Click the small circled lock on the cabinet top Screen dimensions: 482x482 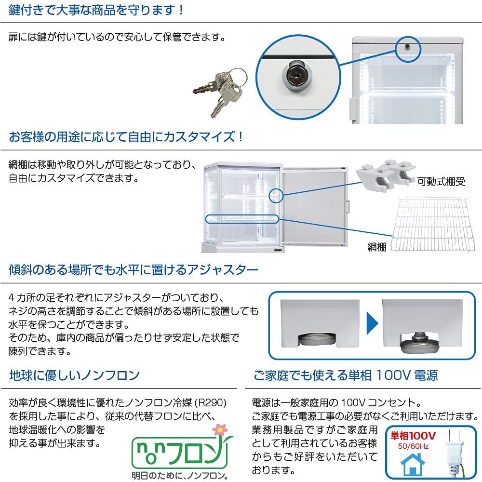coord(407,46)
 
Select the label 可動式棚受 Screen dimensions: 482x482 coord(441,182)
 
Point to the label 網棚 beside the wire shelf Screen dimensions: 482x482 coord(376,246)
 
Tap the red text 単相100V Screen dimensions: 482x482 coord(413,436)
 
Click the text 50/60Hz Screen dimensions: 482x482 coord(413,446)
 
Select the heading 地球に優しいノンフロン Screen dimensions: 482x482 coord(74,375)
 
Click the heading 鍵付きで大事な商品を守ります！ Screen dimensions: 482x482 coord(96,10)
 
